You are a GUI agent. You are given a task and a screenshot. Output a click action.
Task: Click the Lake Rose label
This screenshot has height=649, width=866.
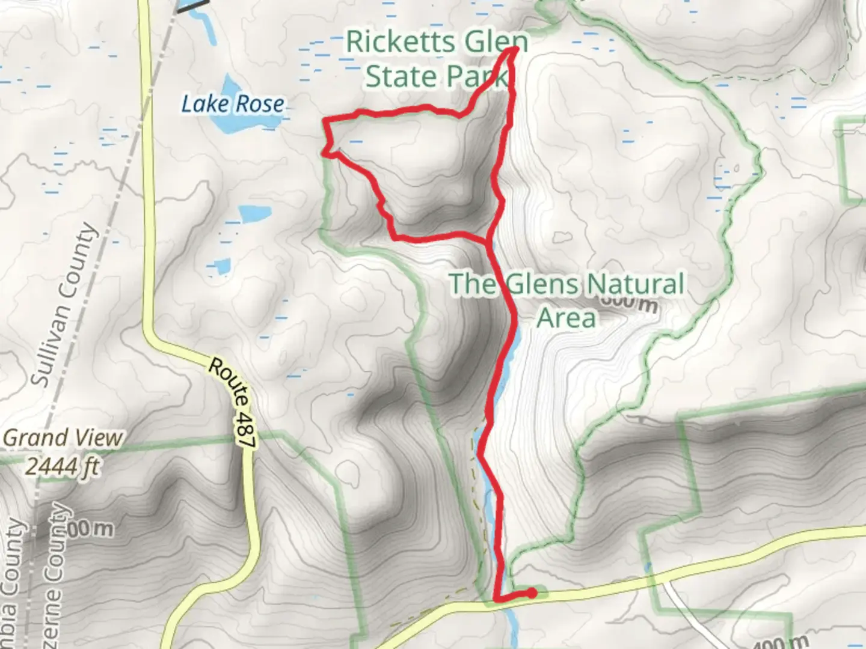(233, 104)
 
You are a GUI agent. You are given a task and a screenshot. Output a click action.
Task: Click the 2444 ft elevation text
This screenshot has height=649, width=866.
(63, 466)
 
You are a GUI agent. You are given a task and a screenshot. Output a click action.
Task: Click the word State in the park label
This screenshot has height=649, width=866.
(401, 77)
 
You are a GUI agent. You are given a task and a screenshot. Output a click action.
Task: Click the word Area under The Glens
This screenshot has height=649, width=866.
(566, 318)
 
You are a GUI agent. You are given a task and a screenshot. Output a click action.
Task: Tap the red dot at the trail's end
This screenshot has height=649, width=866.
(532, 594)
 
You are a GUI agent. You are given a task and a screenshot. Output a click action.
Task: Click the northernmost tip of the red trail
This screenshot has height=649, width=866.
(515, 48)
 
